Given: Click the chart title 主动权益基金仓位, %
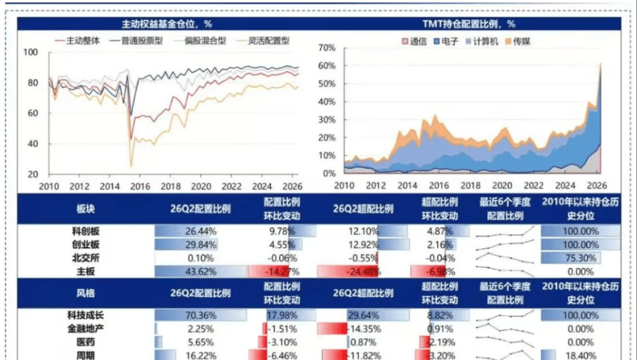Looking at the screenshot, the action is pos(167,24).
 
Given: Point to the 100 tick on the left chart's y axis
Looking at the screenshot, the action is pos(31,53).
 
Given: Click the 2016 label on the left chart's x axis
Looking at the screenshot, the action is pos(140,187).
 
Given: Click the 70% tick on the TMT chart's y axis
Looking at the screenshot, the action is pos(327,48).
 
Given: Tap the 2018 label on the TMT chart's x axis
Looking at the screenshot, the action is pos(471,185).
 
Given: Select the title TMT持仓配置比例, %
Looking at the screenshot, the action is pos(469,24).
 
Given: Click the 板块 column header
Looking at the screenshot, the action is pos(86,209).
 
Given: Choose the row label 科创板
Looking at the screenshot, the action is pos(86,231).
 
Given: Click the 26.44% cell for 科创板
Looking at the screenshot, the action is pos(201,232).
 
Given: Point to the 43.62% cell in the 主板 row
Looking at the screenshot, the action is pos(201,271).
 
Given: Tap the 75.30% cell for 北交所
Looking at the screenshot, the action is pos(581,258).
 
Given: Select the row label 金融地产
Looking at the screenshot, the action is pos(86,329).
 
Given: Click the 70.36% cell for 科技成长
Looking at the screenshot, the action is pos(201,315).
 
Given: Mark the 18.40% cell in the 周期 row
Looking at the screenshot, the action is pos(581,356).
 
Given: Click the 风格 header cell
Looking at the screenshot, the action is pos(86,293).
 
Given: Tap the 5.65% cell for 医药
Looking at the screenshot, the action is pos(201,342).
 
